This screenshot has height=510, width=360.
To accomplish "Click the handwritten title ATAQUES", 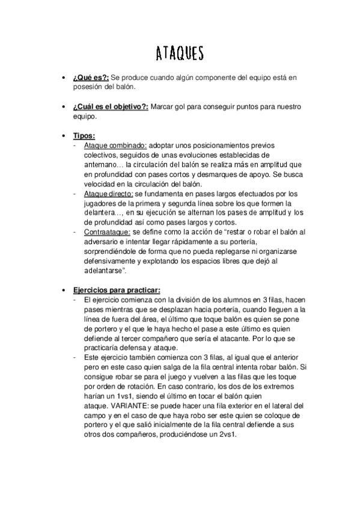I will click(x=179, y=54).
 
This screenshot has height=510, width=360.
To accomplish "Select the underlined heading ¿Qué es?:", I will click(x=91, y=78).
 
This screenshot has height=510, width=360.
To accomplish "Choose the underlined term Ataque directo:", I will click(x=109, y=194).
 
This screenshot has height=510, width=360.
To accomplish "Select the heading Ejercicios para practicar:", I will click(x=118, y=290).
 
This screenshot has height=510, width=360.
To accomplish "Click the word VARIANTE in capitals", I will click(x=129, y=406).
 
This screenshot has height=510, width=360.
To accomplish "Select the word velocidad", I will click(x=103, y=184).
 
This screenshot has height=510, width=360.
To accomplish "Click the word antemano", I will click(x=103, y=165).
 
